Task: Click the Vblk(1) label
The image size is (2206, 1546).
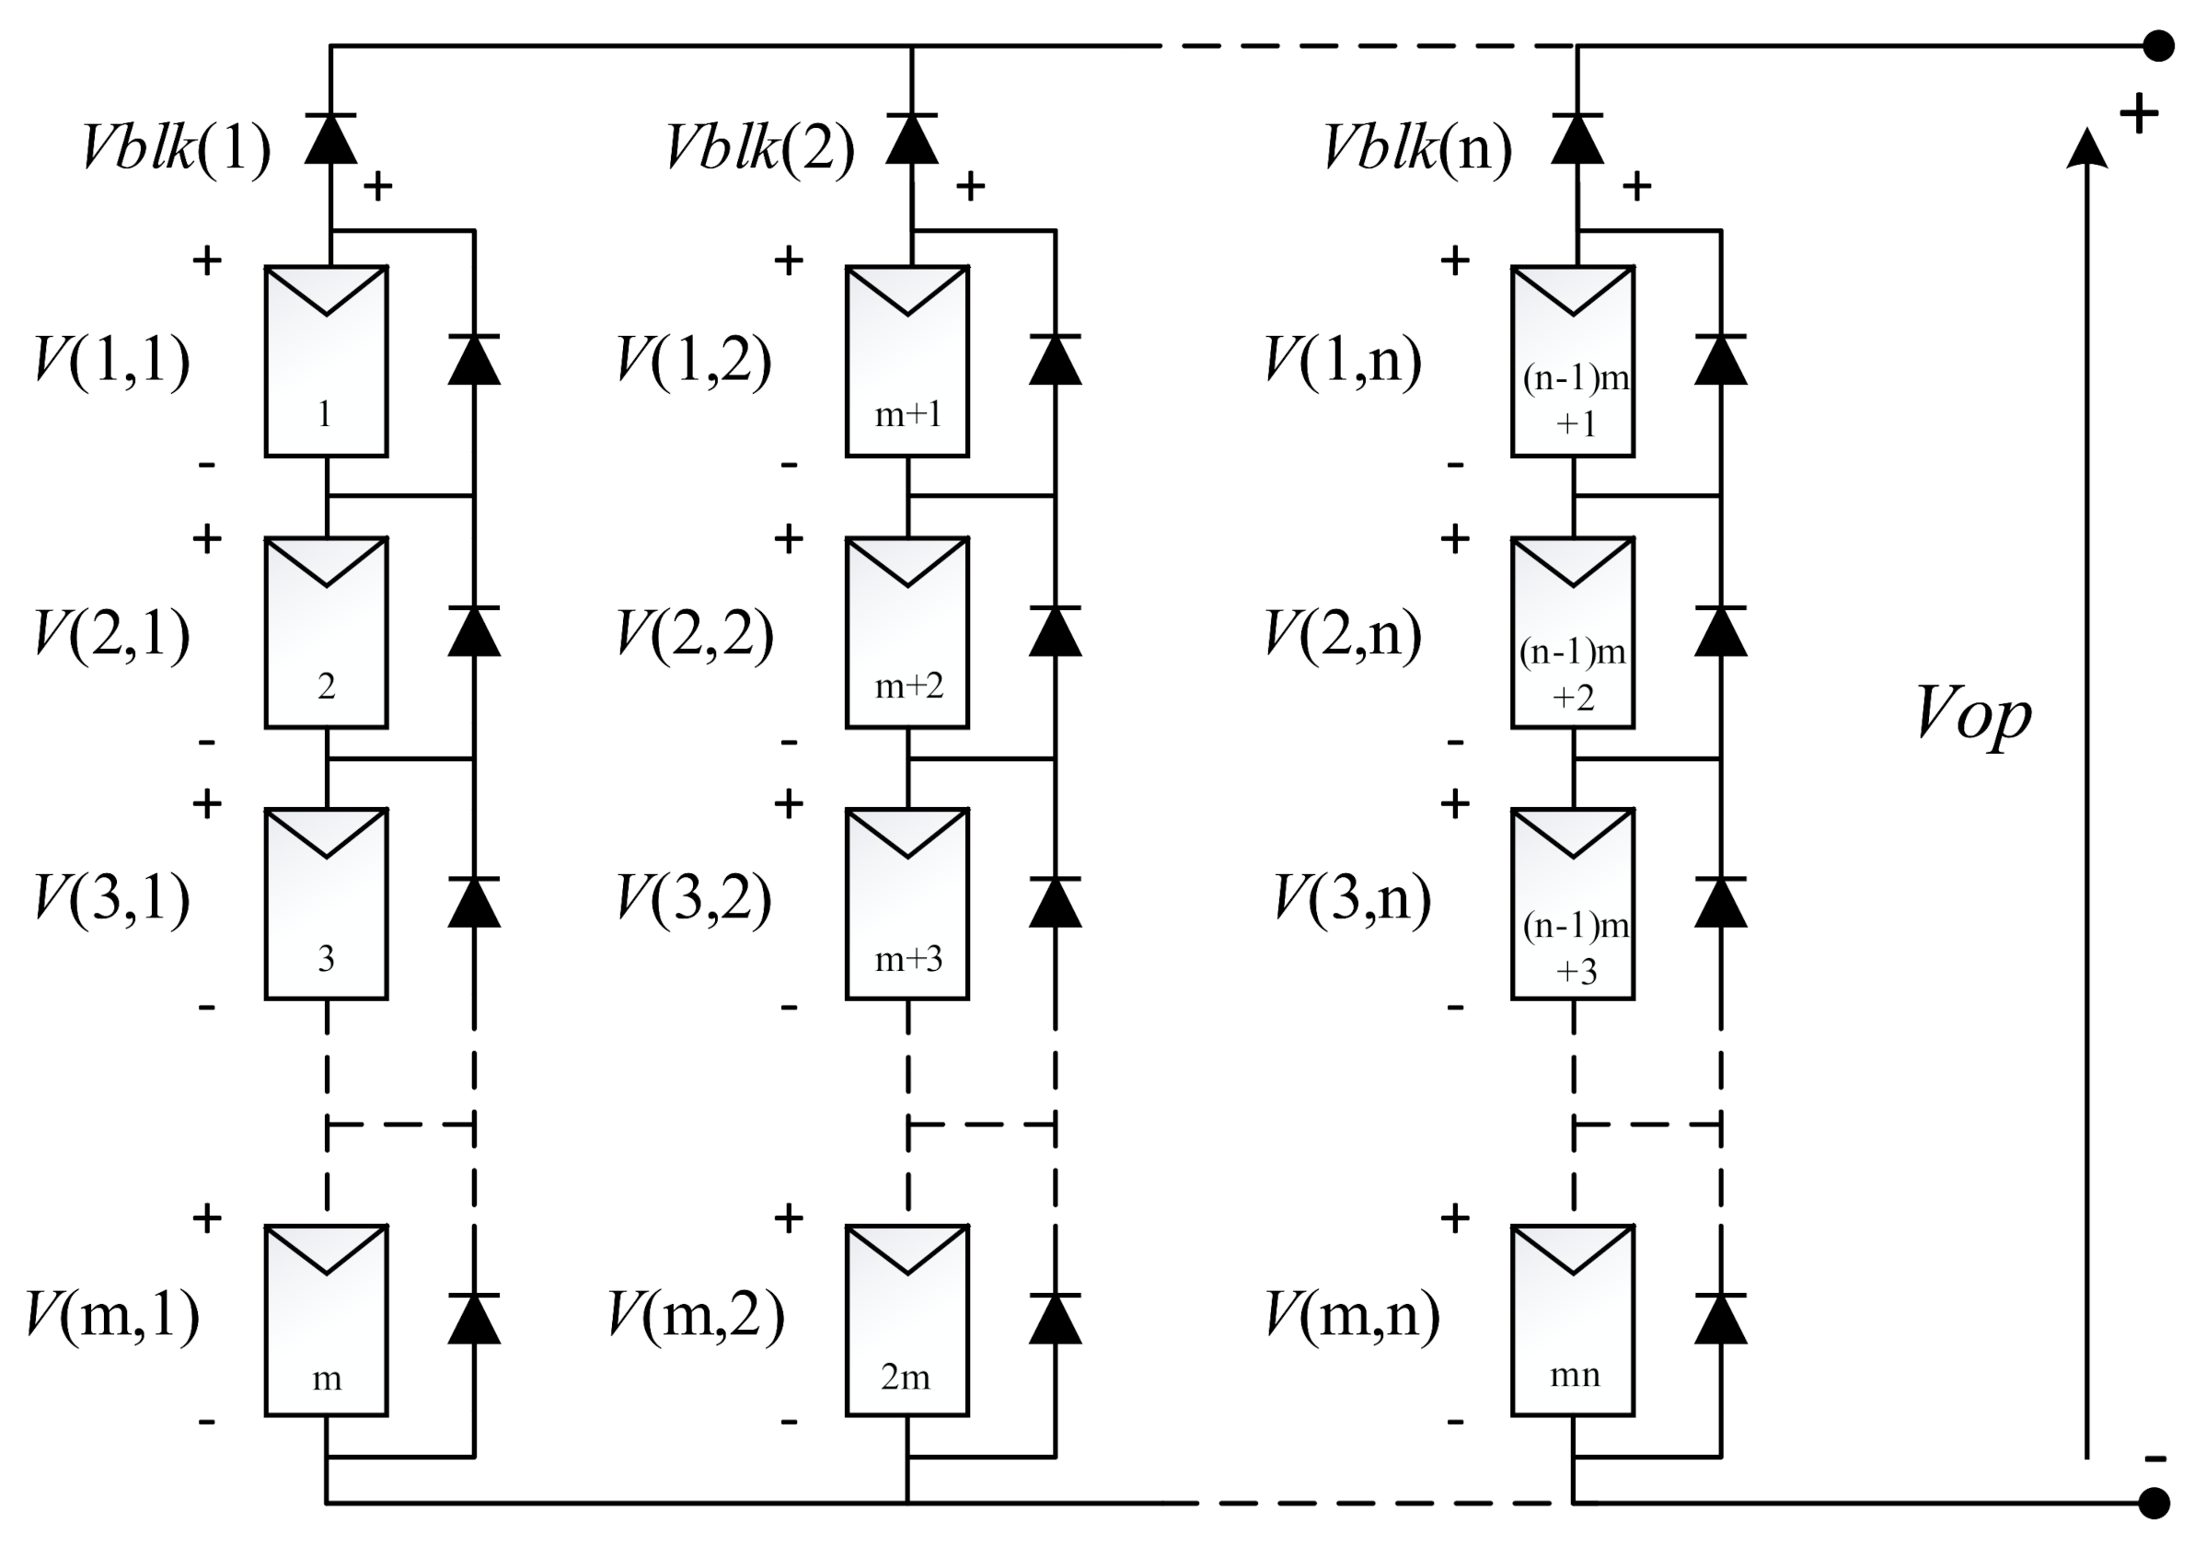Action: [x=177, y=148]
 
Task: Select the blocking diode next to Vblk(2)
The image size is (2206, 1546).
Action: [x=912, y=139]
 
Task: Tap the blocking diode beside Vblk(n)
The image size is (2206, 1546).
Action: [x=1577, y=139]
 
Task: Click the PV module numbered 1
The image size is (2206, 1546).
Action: [x=327, y=362]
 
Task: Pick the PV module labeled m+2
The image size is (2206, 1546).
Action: [x=907, y=633]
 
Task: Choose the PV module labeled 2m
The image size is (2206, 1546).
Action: [x=907, y=1321]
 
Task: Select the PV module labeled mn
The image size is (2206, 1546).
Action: [x=1573, y=1321]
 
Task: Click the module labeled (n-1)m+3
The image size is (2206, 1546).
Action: [x=1573, y=905]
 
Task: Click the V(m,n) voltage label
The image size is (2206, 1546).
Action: [x=1353, y=1314]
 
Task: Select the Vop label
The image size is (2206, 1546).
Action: [x=1974, y=714]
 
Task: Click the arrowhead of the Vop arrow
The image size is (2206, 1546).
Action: [x=2087, y=149]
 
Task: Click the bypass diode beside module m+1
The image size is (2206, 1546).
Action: [x=1055, y=361]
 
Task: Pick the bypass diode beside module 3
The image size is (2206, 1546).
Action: [x=475, y=903]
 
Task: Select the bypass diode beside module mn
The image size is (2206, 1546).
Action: [x=1721, y=1320]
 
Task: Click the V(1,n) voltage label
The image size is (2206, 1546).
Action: [x=1342, y=362]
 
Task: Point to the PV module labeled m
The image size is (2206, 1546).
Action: [x=327, y=1321]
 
